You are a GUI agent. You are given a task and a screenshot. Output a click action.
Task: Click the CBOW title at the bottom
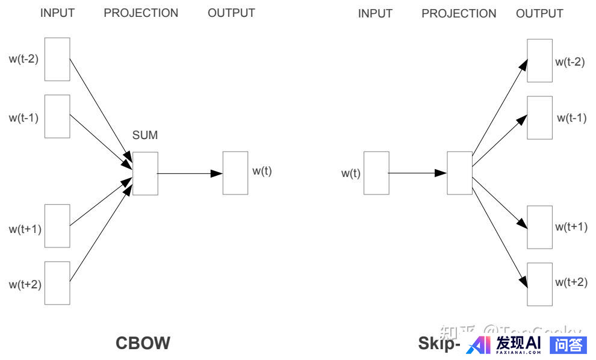click(x=143, y=343)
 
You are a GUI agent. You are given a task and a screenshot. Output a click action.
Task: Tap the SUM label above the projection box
click(x=145, y=135)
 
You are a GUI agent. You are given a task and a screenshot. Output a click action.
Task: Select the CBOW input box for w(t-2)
click(x=57, y=59)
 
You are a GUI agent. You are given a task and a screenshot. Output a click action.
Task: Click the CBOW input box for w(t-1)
click(x=57, y=116)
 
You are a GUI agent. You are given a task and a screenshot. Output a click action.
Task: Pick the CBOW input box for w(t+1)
click(x=57, y=226)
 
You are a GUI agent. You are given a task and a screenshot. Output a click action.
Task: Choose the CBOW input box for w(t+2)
click(x=57, y=283)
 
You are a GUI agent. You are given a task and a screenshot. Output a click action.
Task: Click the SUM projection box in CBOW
click(x=145, y=173)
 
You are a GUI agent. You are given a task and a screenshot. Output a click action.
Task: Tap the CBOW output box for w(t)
click(x=235, y=173)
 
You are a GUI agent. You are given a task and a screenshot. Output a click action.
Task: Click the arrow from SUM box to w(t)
click(x=190, y=173)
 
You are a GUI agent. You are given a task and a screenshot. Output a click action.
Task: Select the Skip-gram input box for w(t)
click(x=376, y=173)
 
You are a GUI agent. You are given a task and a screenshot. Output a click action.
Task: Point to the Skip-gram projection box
click(x=459, y=173)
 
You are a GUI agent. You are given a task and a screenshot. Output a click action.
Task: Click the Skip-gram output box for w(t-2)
click(x=539, y=60)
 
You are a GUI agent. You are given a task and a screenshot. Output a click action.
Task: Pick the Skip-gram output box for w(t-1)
click(x=539, y=117)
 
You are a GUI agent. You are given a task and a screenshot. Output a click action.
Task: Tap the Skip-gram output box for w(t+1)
click(x=539, y=227)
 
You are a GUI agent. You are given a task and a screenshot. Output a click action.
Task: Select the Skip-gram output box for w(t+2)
click(x=539, y=284)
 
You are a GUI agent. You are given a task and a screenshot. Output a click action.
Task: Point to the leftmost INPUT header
click(x=57, y=13)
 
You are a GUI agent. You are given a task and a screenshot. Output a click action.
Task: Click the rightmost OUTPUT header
click(x=539, y=13)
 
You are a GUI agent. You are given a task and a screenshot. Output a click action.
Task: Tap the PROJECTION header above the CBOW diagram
click(x=141, y=13)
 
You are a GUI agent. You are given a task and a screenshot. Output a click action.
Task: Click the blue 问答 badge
click(x=568, y=344)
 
